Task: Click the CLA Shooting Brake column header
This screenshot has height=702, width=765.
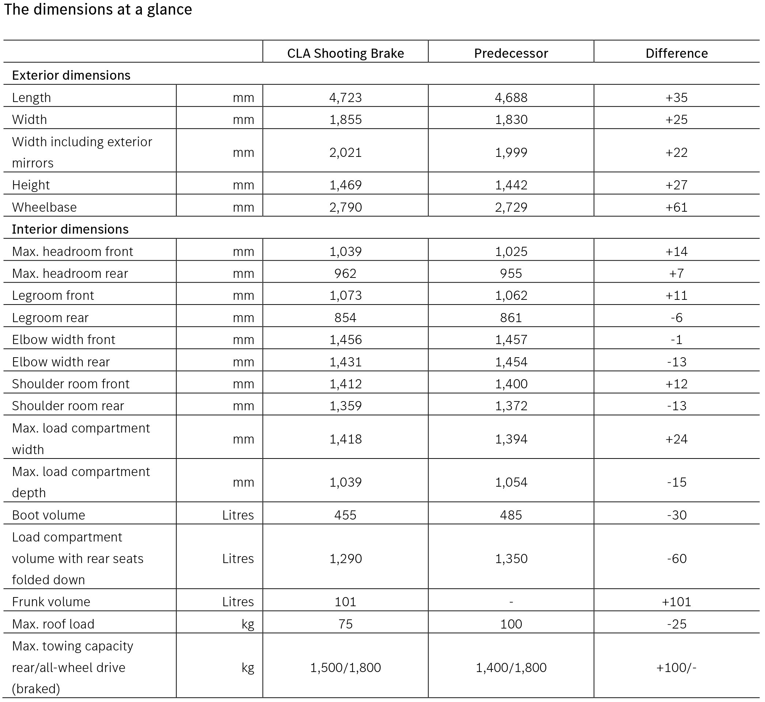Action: [345, 53]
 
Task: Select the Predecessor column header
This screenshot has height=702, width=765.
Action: [511, 53]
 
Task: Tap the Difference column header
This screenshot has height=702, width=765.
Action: [677, 53]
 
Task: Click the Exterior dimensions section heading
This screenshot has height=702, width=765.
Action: [71, 75]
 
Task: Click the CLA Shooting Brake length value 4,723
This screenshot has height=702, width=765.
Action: [345, 98]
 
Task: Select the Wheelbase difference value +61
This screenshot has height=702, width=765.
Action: [677, 207]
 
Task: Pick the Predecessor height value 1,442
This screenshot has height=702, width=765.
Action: [511, 185]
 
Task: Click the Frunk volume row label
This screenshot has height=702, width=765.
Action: [51, 602]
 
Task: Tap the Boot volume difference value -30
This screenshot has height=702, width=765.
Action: [677, 515]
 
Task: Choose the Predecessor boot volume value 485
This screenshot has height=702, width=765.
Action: [511, 515]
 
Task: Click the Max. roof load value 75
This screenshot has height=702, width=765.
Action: [345, 624]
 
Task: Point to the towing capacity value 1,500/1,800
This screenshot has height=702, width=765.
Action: [345, 667]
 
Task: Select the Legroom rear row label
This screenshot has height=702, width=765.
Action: [50, 318]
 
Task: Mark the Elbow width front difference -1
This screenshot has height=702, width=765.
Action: [677, 340]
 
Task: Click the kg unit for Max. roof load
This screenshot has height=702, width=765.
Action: [248, 624]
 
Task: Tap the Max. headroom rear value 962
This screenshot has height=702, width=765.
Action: [345, 273]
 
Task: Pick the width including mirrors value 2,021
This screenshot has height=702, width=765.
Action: [345, 152]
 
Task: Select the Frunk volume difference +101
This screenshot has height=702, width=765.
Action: [677, 602]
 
